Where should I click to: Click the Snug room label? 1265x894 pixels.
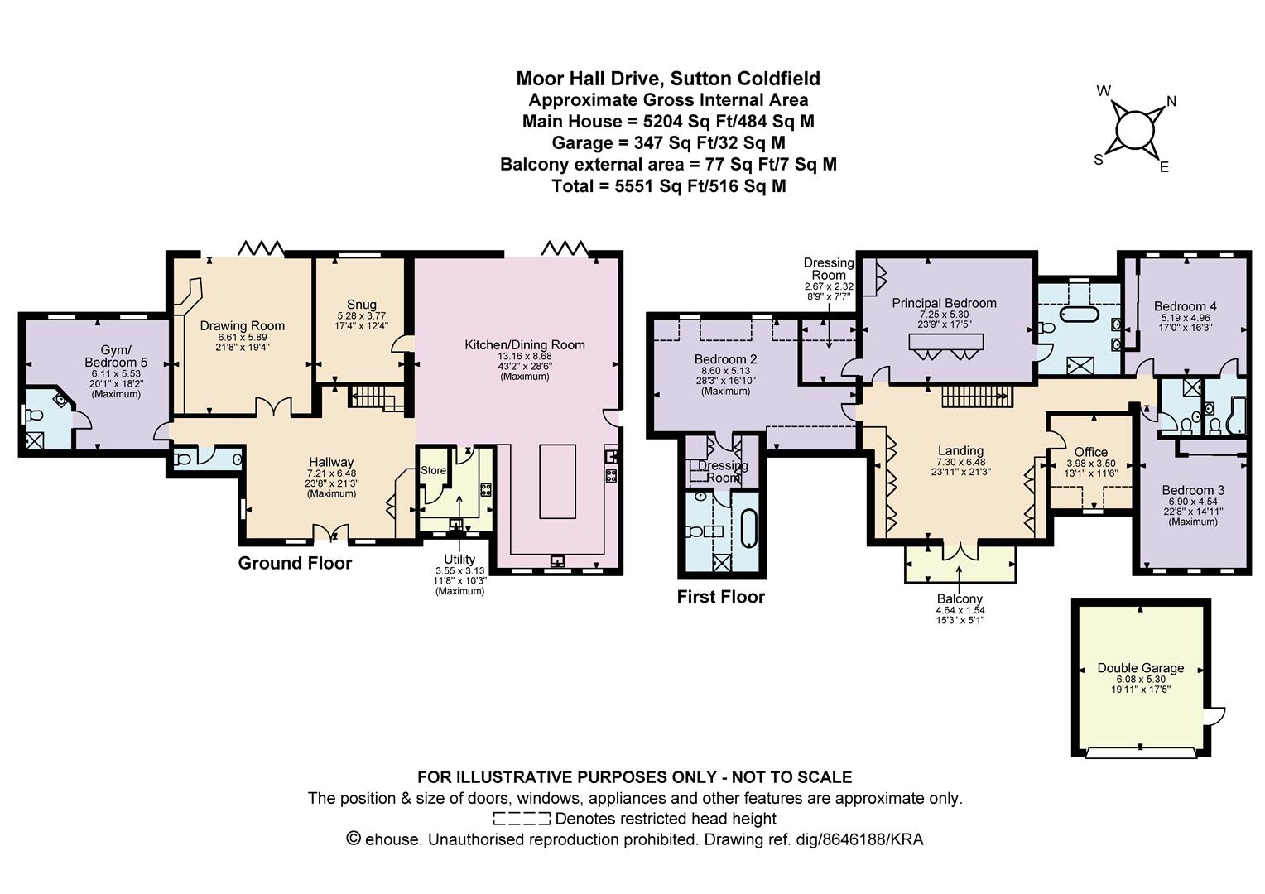pos(362,305)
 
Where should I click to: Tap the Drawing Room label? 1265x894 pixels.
pos(242,325)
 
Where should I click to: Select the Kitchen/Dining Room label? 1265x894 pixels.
pos(524,345)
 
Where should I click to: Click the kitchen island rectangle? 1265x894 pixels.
pos(557,480)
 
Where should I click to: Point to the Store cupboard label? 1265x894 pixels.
pos(433,470)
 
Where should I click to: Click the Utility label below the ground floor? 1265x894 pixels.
pos(459,560)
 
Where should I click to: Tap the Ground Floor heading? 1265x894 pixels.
pos(295,563)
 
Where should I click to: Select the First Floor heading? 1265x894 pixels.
pos(720,596)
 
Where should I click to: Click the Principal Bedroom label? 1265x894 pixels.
pos(944,303)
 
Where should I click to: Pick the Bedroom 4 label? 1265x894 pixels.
pos(1185,306)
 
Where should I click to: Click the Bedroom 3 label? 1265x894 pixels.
pos(1192,490)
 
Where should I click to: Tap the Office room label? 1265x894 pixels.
pos(1090,452)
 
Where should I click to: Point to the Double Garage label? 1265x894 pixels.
pos(1140,668)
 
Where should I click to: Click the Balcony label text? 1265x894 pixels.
pos(960,598)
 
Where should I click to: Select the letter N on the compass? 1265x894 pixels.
pos(1171,102)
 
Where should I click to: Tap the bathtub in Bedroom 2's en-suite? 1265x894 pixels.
pos(748,530)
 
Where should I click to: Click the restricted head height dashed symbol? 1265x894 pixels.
pos(521,819)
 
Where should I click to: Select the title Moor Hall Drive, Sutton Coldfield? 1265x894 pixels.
pos(668,79)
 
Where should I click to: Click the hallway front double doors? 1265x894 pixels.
pos(332,532)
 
